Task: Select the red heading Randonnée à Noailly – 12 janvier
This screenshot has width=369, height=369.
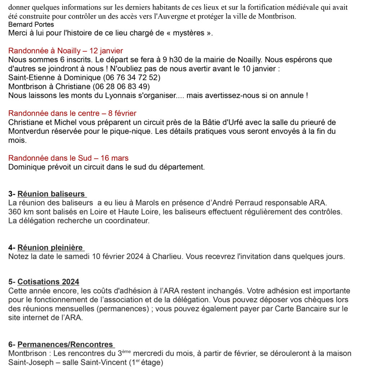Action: pos(66,51)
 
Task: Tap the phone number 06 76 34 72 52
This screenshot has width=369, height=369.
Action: pos(132,77)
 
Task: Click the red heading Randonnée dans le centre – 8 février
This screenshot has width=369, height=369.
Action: pos(72,114)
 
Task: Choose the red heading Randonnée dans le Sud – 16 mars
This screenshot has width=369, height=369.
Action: pos(68,158)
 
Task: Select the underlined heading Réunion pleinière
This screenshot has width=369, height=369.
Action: pos(50,248)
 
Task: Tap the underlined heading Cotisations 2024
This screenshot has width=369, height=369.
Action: pos(48,282)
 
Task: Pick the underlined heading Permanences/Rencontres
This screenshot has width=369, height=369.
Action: pos(65,344)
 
